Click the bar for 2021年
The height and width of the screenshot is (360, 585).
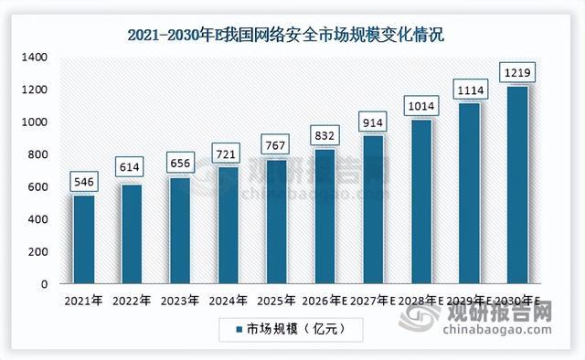click(84, 239)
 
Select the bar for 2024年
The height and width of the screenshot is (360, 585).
click(229, 226)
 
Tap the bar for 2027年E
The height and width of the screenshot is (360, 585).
click(374, 209)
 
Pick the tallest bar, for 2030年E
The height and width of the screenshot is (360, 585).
click(518, 185)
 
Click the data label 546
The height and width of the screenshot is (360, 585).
click(84, 182)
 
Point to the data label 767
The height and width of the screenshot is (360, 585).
click(275, 145)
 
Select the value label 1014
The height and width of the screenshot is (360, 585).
click(421, 106)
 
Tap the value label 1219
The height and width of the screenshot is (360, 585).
click(517, 72)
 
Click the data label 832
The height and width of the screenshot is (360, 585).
click(324, 135)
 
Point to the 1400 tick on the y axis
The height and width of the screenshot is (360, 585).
click(35, 57)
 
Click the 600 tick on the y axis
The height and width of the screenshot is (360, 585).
click(37, 187)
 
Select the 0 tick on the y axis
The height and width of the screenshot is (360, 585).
click(45, 284)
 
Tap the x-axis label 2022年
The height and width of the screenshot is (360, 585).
click(132, 301)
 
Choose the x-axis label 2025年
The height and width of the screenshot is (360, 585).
click(276, 301)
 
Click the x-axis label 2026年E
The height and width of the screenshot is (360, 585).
click(324, 301)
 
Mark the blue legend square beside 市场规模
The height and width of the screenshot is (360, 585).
click(239, 330)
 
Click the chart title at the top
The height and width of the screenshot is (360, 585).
click(286, 35)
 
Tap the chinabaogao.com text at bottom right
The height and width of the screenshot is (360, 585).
click(497, 330)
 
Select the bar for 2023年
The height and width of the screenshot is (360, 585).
click(180, 230)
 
